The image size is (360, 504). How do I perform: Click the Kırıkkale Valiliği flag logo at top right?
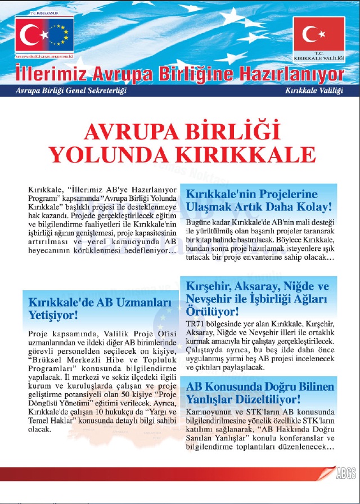(x=318, y=38)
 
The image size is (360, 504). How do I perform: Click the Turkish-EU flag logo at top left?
(x=44, y=38)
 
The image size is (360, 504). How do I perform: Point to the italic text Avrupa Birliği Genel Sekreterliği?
(x=71, y=91)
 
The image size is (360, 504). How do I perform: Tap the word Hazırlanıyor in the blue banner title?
(x=292, y=74)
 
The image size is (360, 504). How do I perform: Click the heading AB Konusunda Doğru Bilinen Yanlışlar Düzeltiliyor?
(x=260, y=393)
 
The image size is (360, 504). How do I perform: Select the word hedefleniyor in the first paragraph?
(x=149, y=250)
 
